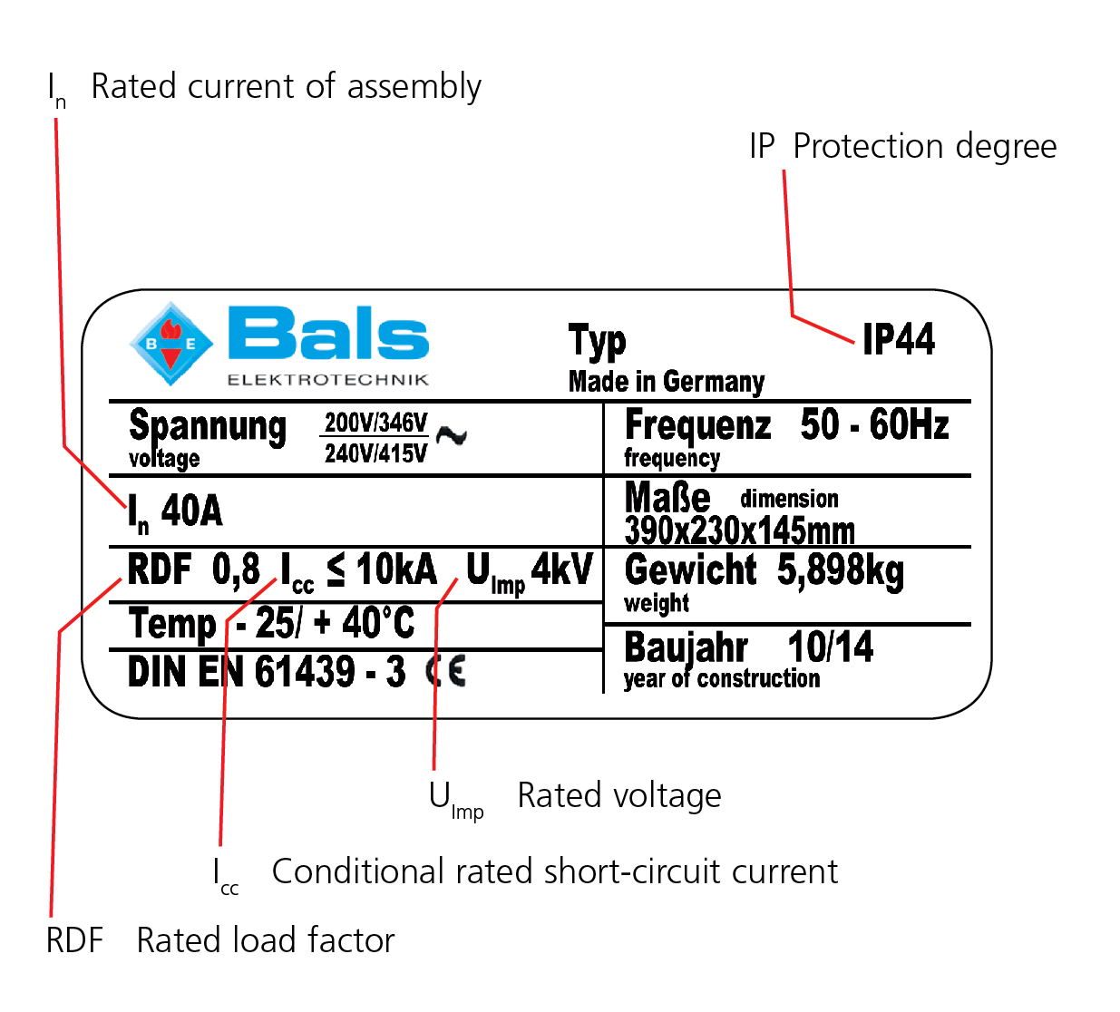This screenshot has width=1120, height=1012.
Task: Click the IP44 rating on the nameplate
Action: pos(898,340)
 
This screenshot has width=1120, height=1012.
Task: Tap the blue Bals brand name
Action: pos(327,335)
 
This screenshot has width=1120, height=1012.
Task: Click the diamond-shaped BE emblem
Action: pos(170,344)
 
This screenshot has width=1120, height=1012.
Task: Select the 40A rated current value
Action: pos(191,511)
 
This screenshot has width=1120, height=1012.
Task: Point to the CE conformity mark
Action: pos(446,671)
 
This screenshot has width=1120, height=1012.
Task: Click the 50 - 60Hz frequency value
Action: pos(874,424)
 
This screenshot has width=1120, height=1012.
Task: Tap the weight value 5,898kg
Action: pos(840,570)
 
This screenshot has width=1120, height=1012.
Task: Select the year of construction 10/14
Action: pos(830,647)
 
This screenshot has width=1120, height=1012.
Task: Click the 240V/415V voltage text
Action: pos(375,453)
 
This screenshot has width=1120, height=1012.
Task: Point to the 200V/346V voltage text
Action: pos(375,423)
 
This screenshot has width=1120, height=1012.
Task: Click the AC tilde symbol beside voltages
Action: pos(451,436)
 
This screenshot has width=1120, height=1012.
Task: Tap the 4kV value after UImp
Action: pos(561,569)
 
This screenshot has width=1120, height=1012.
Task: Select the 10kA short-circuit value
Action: pos(396,570)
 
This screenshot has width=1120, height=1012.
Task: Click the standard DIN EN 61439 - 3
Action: pos(267,672)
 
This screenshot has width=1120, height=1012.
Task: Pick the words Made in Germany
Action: pos(666,382)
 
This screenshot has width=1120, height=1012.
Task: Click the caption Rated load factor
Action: pos(266,940)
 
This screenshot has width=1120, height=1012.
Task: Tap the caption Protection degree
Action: pos(924,146)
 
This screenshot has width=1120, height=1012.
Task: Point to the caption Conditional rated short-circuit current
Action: pos(554,871)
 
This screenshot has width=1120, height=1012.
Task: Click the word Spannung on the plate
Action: pos(208,425)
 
